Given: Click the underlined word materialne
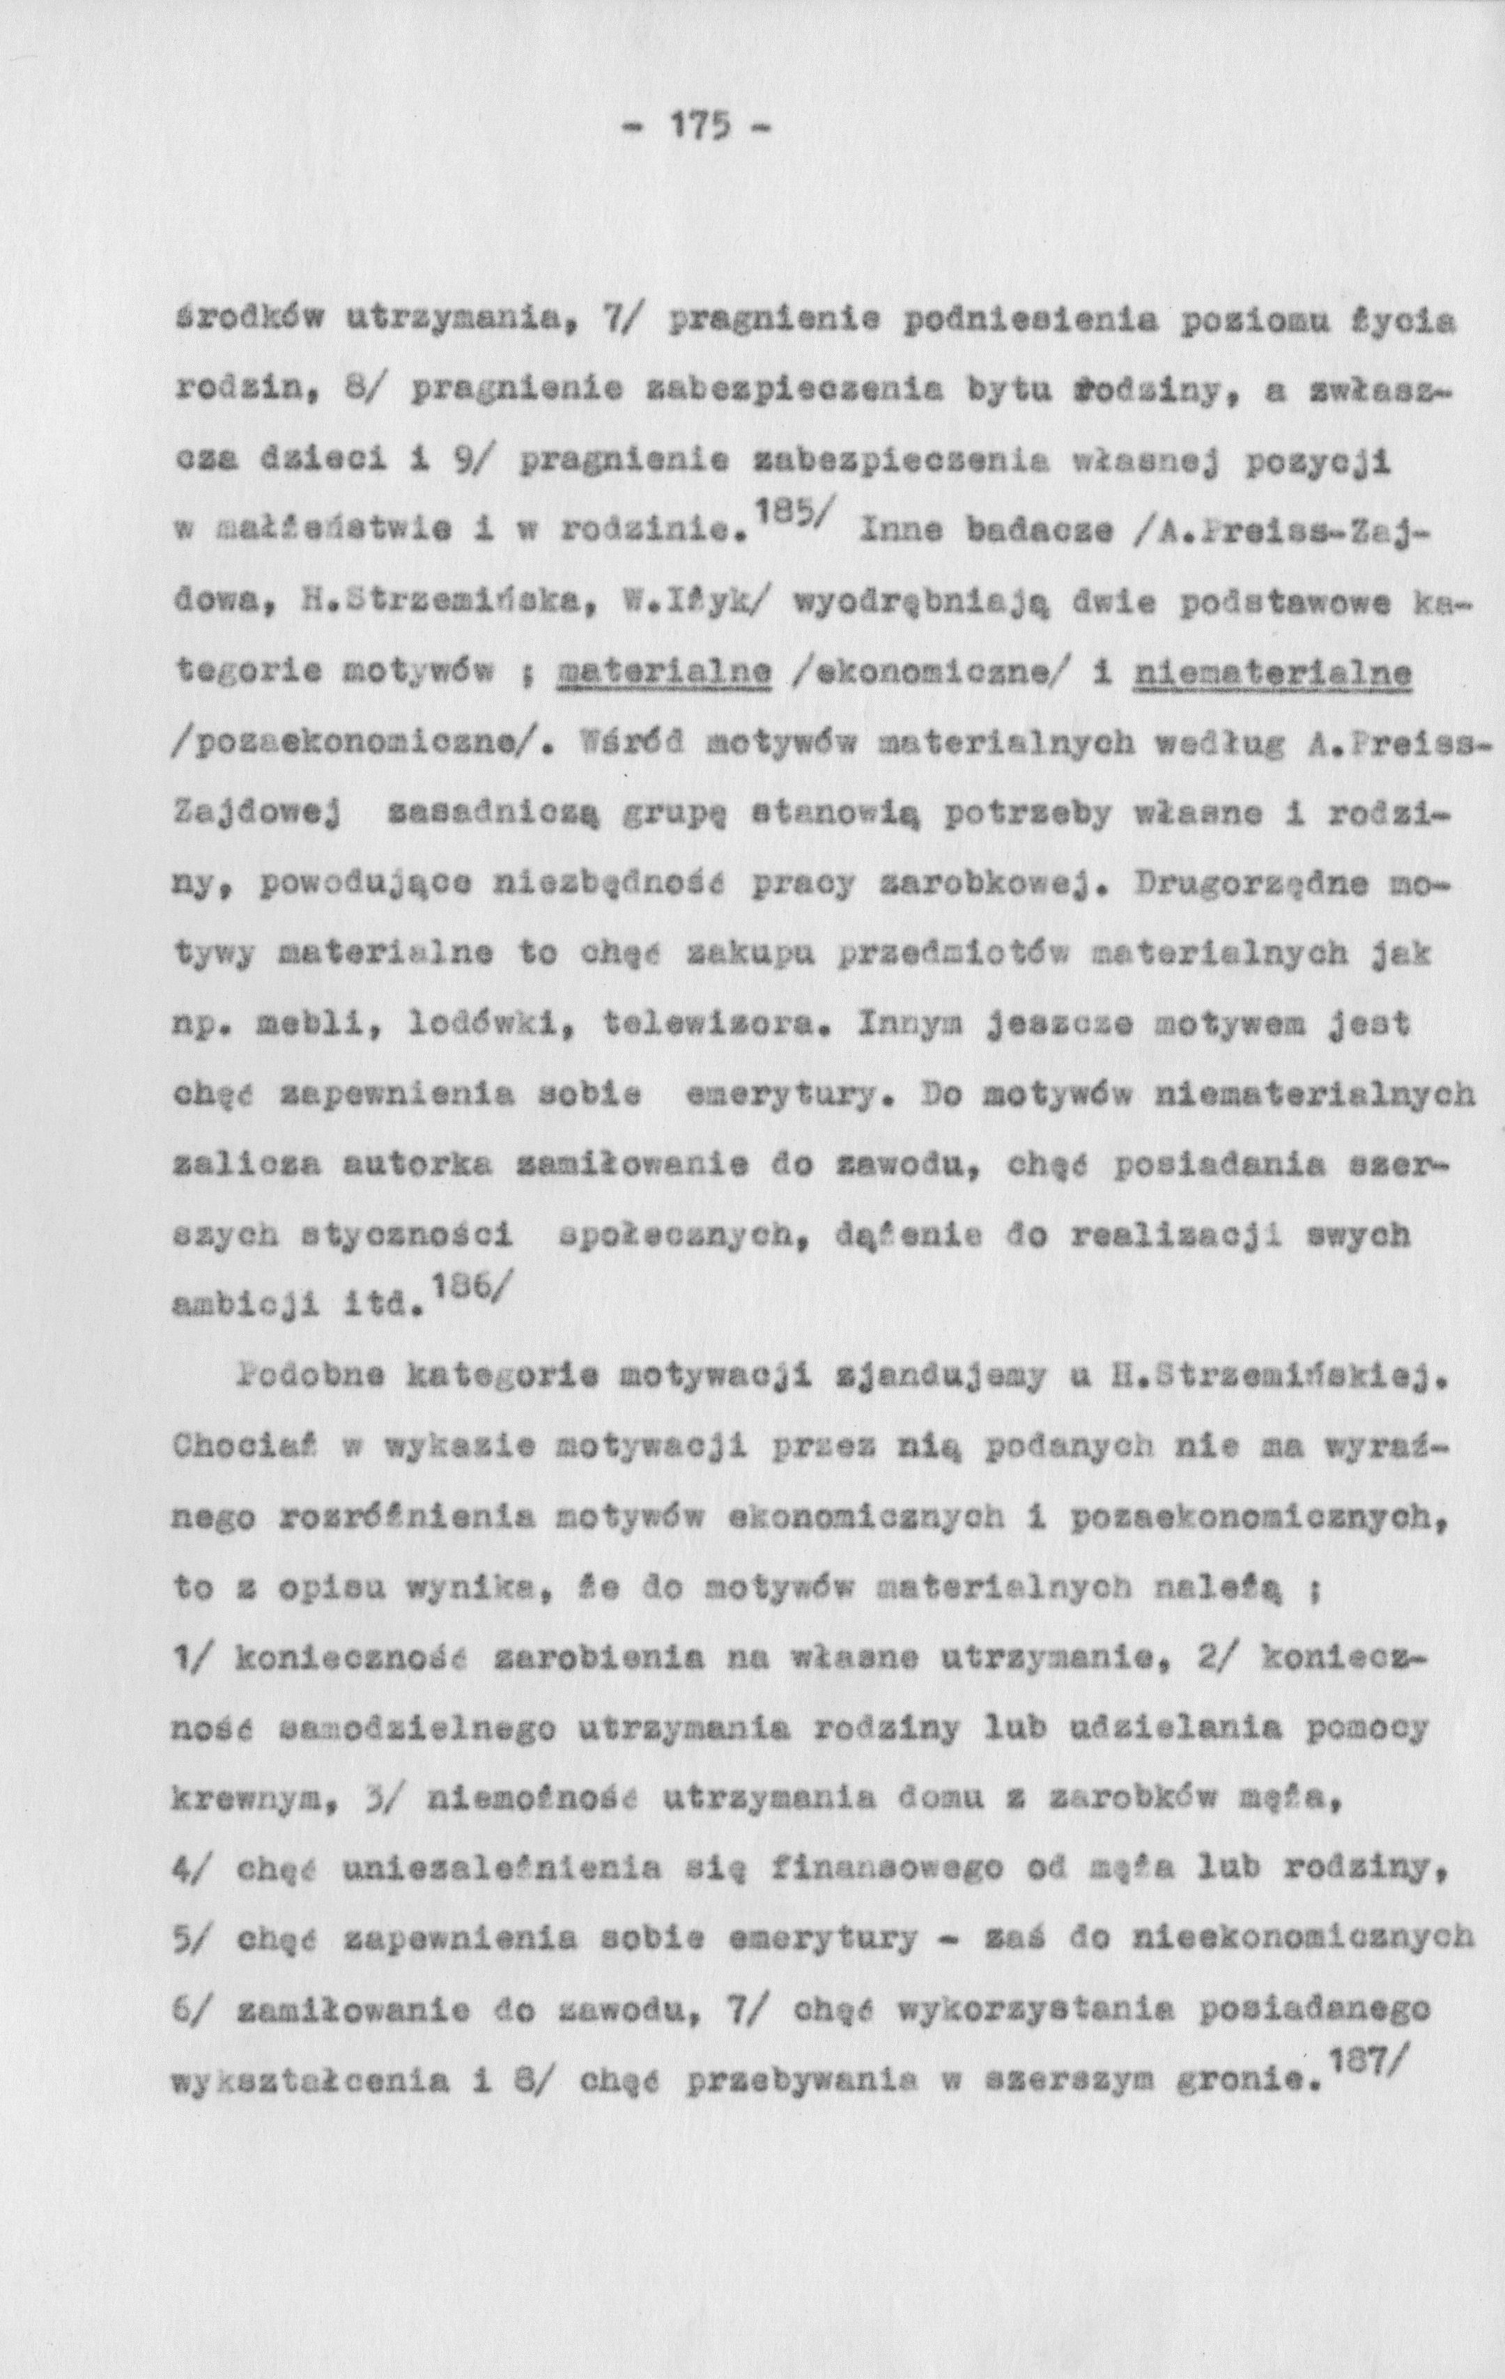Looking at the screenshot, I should click(x=663, y=674).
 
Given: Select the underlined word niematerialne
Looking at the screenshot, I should click(x=1274, y=674).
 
